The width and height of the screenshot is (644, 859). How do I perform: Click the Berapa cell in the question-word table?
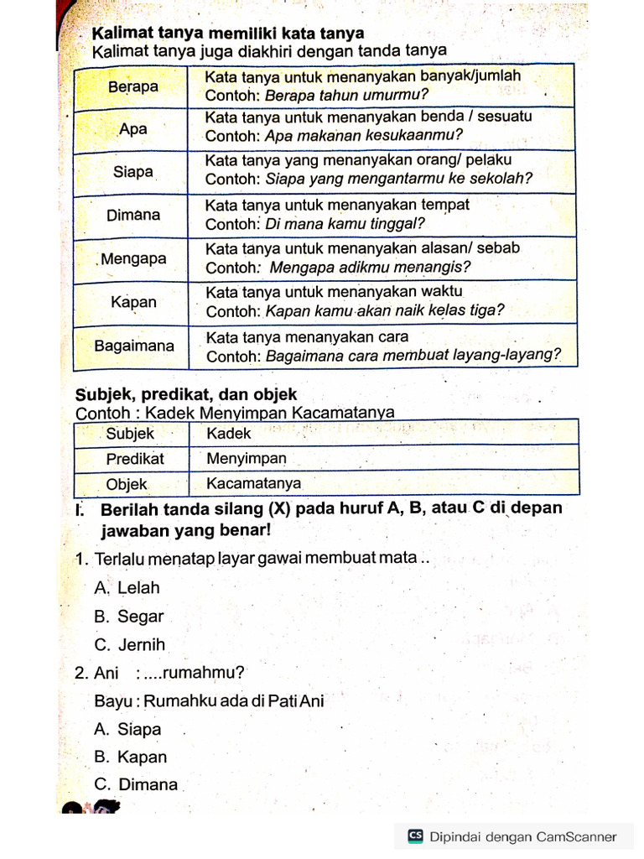pos(133,86)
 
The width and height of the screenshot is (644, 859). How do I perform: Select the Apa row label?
pos(133,129)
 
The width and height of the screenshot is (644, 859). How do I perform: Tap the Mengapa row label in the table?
pos(134,258)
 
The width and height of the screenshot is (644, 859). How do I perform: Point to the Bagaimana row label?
pos(134,346)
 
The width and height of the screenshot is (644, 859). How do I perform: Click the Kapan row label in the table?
pos(134,302)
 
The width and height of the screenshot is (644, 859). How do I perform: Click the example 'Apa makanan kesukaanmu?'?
pos(365,135)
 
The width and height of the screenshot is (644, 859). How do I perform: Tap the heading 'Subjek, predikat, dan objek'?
pos(186,394)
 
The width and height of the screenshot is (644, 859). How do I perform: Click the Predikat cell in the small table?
pos(135,459)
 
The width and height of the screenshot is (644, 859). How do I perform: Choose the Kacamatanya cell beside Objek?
pos(254,484)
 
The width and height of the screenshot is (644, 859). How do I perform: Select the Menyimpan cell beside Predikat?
pos(247,459)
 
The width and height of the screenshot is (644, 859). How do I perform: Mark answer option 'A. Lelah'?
pos(127,588)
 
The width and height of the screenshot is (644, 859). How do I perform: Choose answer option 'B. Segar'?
pos(129,617)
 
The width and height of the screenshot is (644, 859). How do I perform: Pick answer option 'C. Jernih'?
pos(130,645)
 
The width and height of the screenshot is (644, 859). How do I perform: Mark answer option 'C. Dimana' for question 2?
pos(137,785)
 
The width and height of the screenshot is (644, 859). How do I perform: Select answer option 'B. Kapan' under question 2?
pos(131,757)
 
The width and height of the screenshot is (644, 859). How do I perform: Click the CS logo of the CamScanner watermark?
pos(415,836)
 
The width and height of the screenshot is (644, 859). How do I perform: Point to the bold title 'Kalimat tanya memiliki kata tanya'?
pos(228,34)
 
